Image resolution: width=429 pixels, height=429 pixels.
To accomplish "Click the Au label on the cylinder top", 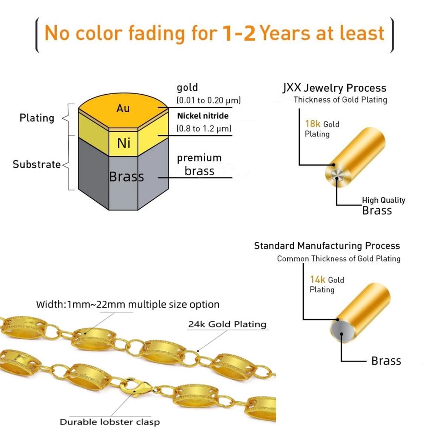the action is tap(123, 108).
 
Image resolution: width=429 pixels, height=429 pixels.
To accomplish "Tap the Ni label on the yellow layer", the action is tap(123, 143).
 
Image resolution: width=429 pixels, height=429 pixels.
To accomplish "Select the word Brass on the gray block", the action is tap(126, 177).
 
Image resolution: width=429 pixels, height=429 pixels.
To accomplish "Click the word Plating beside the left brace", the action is tap(37, 118).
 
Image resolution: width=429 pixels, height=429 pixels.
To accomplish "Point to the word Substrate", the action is tap(37, 164).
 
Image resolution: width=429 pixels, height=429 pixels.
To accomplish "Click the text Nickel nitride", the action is tap(202, 116).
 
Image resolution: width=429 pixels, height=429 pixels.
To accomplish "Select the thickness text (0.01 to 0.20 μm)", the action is tap(209, 99).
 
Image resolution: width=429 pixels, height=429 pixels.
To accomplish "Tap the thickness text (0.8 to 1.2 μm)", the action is tap(204, 129).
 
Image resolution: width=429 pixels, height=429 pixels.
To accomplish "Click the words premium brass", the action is tap(199, 164).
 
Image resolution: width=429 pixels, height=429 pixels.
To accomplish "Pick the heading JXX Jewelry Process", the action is tap(334, 88).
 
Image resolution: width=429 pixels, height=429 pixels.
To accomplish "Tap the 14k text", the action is tap(318, 279).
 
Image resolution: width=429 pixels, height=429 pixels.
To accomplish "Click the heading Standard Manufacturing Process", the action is tap(327, 245).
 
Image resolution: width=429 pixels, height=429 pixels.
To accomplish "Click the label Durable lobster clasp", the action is tap(109, 421).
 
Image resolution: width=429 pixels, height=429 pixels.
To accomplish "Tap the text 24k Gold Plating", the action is tap(227, 324).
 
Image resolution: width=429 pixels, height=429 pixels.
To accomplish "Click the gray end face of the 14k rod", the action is tap(341, 331).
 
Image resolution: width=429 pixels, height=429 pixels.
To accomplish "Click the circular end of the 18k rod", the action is tap(336, 175).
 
